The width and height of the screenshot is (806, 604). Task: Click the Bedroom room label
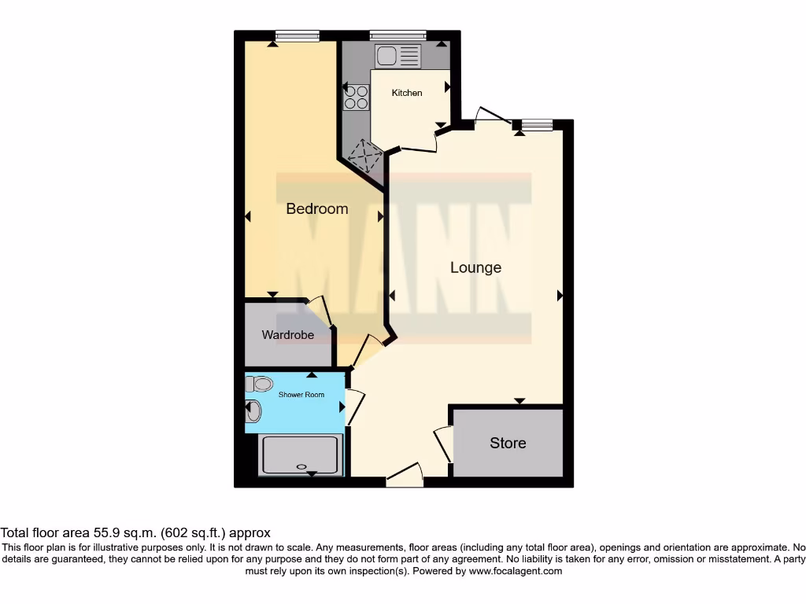coord(316,208)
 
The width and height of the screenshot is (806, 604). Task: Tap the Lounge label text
coord(475,267)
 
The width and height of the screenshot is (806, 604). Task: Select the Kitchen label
coord(407,93)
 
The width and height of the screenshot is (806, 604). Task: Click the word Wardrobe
coord(287,335)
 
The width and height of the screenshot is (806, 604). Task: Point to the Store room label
coord(508,443)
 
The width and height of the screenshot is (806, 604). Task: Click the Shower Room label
coord(302,395)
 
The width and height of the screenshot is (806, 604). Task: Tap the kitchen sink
coord(398,56)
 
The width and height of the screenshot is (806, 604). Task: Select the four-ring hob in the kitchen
coord(356,97)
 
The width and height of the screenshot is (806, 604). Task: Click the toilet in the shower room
coord(260,384)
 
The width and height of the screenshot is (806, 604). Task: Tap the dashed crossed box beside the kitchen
coord(364,156)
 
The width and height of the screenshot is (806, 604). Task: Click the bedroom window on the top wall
coord(297,35)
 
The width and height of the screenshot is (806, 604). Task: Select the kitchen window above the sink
coord(397,35)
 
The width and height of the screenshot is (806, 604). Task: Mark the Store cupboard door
coord(443,445)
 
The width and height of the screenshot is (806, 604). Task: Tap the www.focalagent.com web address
coord(516,571)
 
